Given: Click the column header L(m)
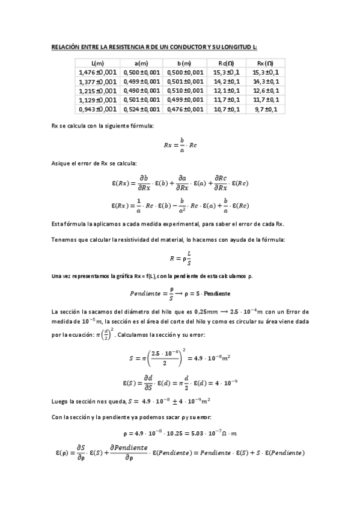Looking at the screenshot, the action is tap(97, 63).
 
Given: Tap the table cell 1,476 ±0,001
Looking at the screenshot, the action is tap(97, 72).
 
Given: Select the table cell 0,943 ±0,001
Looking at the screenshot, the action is tap(97, 109).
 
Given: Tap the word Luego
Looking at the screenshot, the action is tap(60, 399).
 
